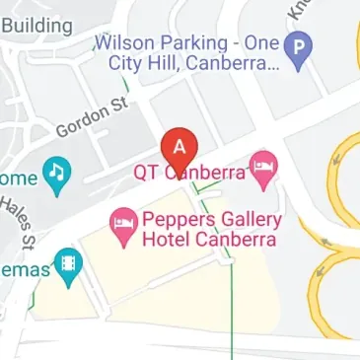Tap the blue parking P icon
coord(295,46)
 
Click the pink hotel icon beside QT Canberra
coord(261,170)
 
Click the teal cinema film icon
coord(67,265)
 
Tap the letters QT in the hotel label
coord(145,172)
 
